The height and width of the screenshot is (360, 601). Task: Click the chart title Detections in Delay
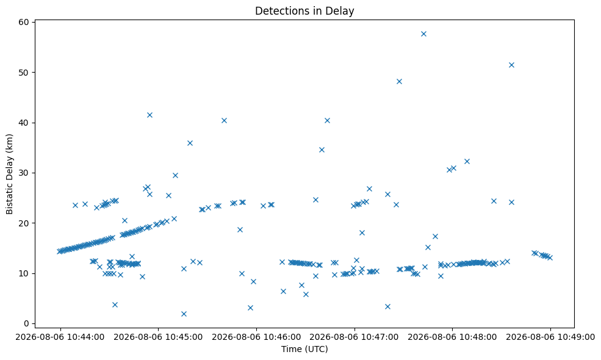(304, 11)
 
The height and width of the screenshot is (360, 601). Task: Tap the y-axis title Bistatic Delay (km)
(10, 174)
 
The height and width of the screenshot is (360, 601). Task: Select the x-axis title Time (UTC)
(304, 349)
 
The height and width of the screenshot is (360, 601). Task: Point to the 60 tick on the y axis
(24, 22)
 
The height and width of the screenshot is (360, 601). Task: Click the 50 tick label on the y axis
(24, 73)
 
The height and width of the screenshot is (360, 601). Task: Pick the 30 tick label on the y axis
(24, 173)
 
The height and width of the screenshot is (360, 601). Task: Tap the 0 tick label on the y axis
(26, 323)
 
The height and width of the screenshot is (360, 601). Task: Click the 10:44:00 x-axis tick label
(60, 337)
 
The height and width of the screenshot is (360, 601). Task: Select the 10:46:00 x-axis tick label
(256, 337)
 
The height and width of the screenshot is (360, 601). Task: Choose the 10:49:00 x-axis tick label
(550, 337)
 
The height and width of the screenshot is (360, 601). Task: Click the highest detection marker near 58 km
(423, 34)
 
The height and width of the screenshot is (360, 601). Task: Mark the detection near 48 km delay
(399, 81)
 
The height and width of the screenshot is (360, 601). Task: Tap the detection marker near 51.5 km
(511, 65)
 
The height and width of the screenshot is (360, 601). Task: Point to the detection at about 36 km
(190, 143)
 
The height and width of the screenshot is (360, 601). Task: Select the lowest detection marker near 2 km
(184, 314)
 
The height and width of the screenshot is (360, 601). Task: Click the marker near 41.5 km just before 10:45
(150, 115)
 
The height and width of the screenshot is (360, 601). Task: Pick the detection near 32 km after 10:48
(467, 162)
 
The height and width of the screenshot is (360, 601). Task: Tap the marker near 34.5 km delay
(322, 149)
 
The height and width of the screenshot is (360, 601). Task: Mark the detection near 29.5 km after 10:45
(175, 175)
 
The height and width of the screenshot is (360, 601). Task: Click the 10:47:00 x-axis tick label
(354, 337)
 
